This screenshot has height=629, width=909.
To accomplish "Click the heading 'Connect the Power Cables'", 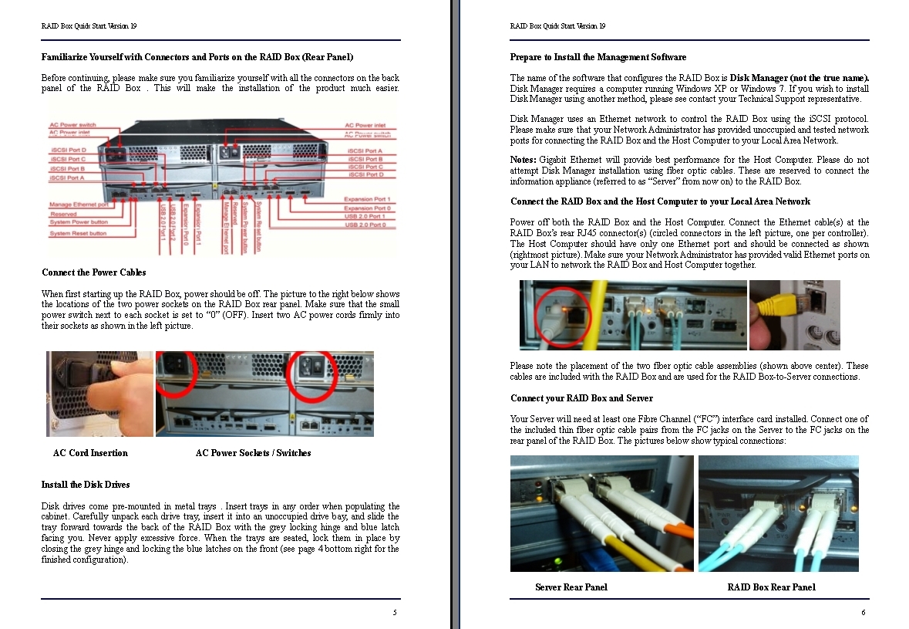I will pos(93,272).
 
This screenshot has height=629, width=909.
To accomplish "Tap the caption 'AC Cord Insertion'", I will pos(90,453).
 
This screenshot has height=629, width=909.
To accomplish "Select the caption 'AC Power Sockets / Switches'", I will pos(253,453).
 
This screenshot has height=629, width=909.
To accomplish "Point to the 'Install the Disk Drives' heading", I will pos(86,485).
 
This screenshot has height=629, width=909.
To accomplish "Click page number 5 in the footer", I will pos(395,613).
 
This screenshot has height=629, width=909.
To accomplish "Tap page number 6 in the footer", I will pos(864,613).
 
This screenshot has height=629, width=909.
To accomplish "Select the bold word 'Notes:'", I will pos(523,160).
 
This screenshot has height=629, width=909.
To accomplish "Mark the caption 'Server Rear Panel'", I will pos(571,587).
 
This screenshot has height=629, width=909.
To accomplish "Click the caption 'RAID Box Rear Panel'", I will pos(771,587).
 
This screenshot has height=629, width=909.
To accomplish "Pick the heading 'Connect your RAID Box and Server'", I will pos(581,398).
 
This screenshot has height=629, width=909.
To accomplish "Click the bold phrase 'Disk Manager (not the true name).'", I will pos(800,78).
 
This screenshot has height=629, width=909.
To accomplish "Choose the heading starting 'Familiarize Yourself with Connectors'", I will pos(197,57).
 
